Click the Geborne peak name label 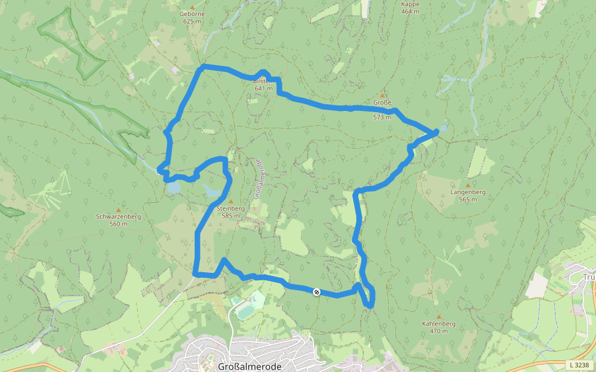pyautogui.click(x=192, y=14)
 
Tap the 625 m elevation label pyautogui.click(x=192, y=21)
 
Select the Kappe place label pyautogui.click(x=410, y=4)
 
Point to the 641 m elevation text pyautogui.click(x=264, y=89)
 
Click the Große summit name pyautogui.click(x=382, y=102)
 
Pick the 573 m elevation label pyautogui.click(x=382, y=117)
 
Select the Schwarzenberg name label pyautogui.click(x=119, y=217)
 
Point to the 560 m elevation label pyautogui.click(x=119, y=224)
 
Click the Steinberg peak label pyautogui.click(x=231, y=209)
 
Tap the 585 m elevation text pyautogui.click(x=230, y=216)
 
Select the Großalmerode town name pyautogui.click(x=250, y=366)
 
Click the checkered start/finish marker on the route pyautogui.click(x=317, y=291)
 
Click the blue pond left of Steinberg pyautogui.click(x=173, y=187)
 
